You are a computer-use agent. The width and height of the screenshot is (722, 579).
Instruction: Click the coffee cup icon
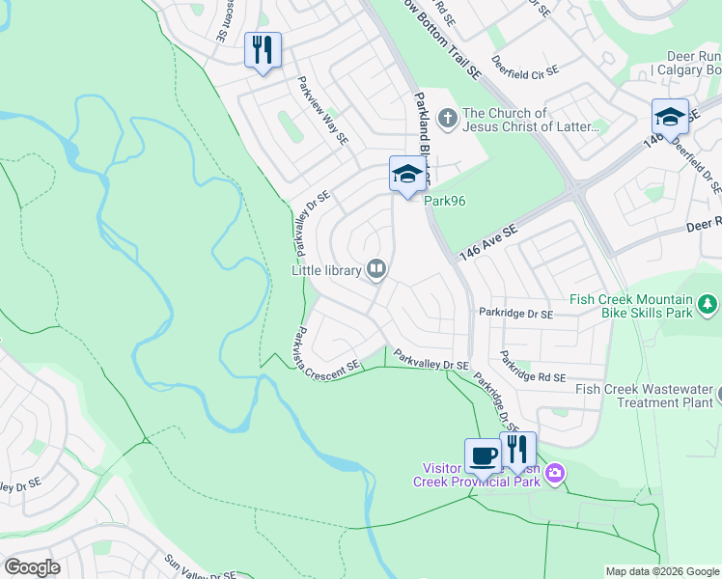483,455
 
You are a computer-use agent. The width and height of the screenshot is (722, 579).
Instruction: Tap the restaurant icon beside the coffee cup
518,449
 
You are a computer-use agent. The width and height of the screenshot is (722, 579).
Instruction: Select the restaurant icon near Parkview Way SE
263,49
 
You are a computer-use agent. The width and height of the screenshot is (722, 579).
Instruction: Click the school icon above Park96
407,175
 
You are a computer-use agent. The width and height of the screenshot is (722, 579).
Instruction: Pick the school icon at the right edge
670,117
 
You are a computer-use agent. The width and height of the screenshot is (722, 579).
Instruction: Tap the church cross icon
446,119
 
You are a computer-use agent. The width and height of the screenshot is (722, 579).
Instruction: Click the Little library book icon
376,269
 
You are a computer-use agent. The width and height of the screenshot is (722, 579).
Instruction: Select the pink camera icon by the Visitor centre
555,473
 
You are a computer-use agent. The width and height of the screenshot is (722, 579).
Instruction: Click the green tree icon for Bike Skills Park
709,306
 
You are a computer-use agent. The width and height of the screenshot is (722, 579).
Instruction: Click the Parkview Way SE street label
322,111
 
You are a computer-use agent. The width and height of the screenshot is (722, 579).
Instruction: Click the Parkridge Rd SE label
533,368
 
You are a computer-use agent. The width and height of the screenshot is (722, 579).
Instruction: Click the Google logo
32,567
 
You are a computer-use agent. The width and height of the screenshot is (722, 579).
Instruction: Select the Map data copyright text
662,571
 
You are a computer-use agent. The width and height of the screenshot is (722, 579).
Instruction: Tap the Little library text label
327,270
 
